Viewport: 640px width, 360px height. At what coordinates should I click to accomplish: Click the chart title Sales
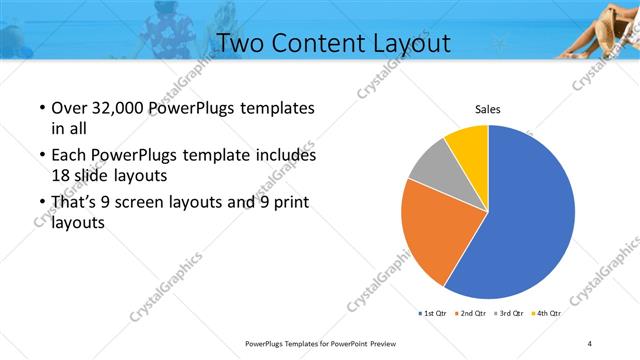pos(487,109)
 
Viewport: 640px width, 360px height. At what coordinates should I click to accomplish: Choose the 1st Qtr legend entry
pos(434,314)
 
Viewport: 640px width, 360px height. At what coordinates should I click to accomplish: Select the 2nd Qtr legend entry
pos(471,314)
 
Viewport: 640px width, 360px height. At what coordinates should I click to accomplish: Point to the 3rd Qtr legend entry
pos(510,314)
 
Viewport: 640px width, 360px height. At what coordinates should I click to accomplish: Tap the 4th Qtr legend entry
pos(547,314)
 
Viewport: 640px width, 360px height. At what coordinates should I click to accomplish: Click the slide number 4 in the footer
pos(591,343)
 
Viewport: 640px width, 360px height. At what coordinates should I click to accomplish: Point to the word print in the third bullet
pos(289,203)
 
